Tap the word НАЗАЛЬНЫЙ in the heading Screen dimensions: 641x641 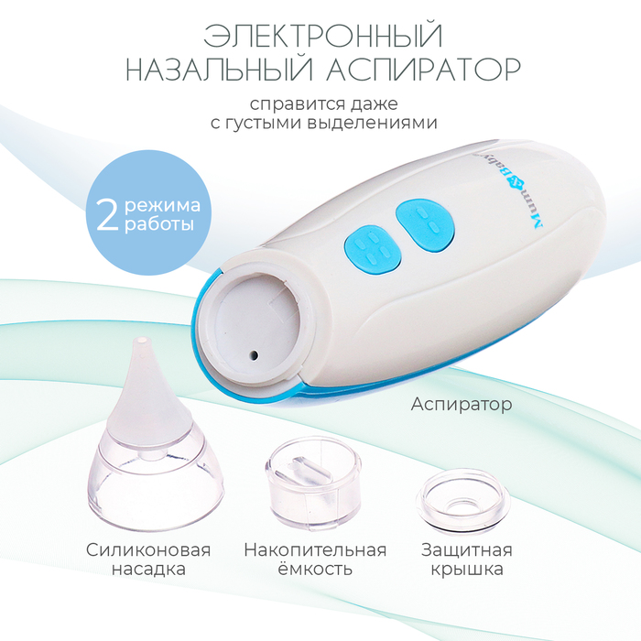coord(219,69)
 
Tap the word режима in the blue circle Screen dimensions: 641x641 coord(162,206)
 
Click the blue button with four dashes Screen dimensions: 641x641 coord(372,249)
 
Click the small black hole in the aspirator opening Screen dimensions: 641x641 coord(254,355)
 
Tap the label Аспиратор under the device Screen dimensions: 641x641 coord(462,405)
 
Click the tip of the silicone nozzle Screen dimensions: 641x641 coord(142,340)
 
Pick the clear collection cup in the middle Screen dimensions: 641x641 coord(313,482)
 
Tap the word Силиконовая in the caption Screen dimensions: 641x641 coord(148,549)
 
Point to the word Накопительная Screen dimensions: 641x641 coord(315,549)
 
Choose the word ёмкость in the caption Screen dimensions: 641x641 coord(315,569)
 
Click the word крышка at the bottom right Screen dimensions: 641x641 coord(467,570)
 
